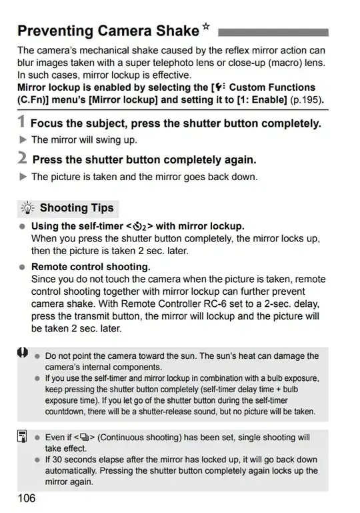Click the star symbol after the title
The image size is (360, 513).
click(207, 28)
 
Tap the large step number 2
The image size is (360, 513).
click(23, 159)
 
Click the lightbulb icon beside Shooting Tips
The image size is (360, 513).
click(29, 208)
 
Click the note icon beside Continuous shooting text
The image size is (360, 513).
click(23, 437)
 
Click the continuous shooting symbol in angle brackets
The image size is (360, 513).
click(85, 438)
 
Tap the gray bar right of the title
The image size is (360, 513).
click(273, 31)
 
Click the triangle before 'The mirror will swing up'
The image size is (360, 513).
click(23, 140)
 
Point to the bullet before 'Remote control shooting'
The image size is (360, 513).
click(23, 267)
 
